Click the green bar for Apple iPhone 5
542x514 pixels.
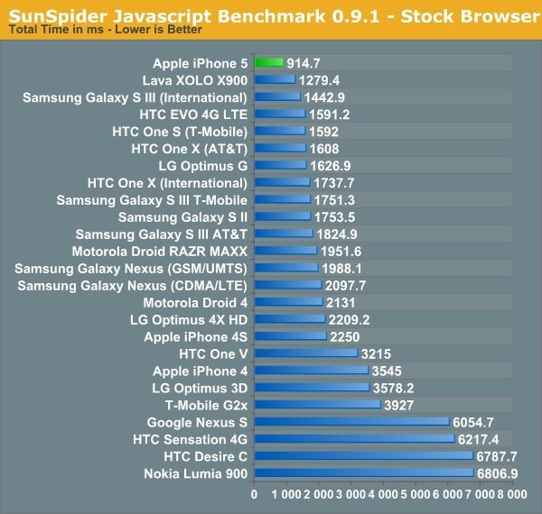click(269, 62)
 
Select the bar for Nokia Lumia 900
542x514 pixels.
click(363, 473)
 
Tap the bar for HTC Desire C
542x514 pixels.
click(363, 456)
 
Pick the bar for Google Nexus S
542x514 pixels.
click(351, 422)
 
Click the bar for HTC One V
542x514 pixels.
click(305, 353)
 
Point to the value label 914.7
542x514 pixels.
click(304, 62)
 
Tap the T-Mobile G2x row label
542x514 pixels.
click(206, 405)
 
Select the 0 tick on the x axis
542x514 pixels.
click(254, 495)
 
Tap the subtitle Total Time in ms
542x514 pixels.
click(54, 30)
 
